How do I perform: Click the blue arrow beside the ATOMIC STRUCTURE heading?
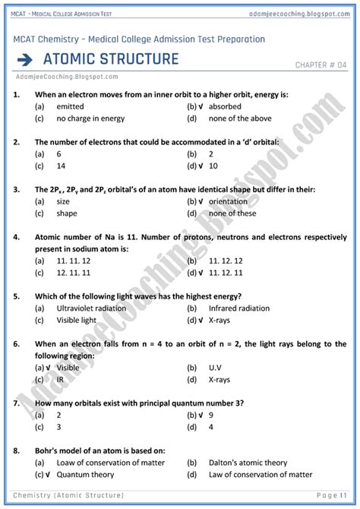click(x=24, y=60)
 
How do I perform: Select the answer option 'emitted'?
click(x=70, y=106)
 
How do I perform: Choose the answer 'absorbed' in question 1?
click(x=225, y=106)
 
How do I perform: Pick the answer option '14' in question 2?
click(x=61, y=165)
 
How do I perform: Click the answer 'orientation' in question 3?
click(x=232, y=201)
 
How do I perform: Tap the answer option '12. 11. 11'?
click(x=74, y=272)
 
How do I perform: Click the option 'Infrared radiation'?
click(x=238, y=308)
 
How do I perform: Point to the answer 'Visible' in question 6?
click(x=68, y=367)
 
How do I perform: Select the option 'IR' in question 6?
click(x=60, y=378)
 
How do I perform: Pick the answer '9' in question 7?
click(x=210, y=416)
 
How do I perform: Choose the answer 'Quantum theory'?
click(x=85, y=474)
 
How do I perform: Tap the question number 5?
click(x=17, y=296)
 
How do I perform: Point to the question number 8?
click(x=17, y=449)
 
